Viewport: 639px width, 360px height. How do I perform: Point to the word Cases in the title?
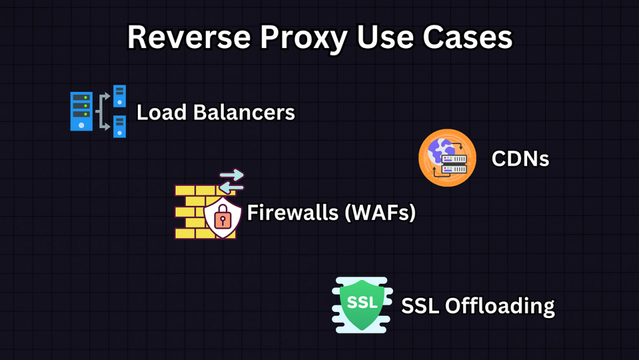[x=467, y=37]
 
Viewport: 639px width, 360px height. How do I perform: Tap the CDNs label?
[x=520, y=159]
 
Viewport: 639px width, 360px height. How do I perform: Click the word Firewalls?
[x=286, y=212]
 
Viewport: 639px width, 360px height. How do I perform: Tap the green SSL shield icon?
[x=362, y=304]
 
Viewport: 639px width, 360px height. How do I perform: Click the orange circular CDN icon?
[x=447, y=157]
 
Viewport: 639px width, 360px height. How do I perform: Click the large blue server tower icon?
[x=81, y=111]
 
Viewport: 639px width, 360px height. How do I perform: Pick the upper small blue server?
[x=120, y=96]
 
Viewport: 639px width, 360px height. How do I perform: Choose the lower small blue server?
[x=120, y=126]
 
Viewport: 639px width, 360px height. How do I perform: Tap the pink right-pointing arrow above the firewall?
[x=232, y=175]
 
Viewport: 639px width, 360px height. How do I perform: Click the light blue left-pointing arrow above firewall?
[x=231, y=187]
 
